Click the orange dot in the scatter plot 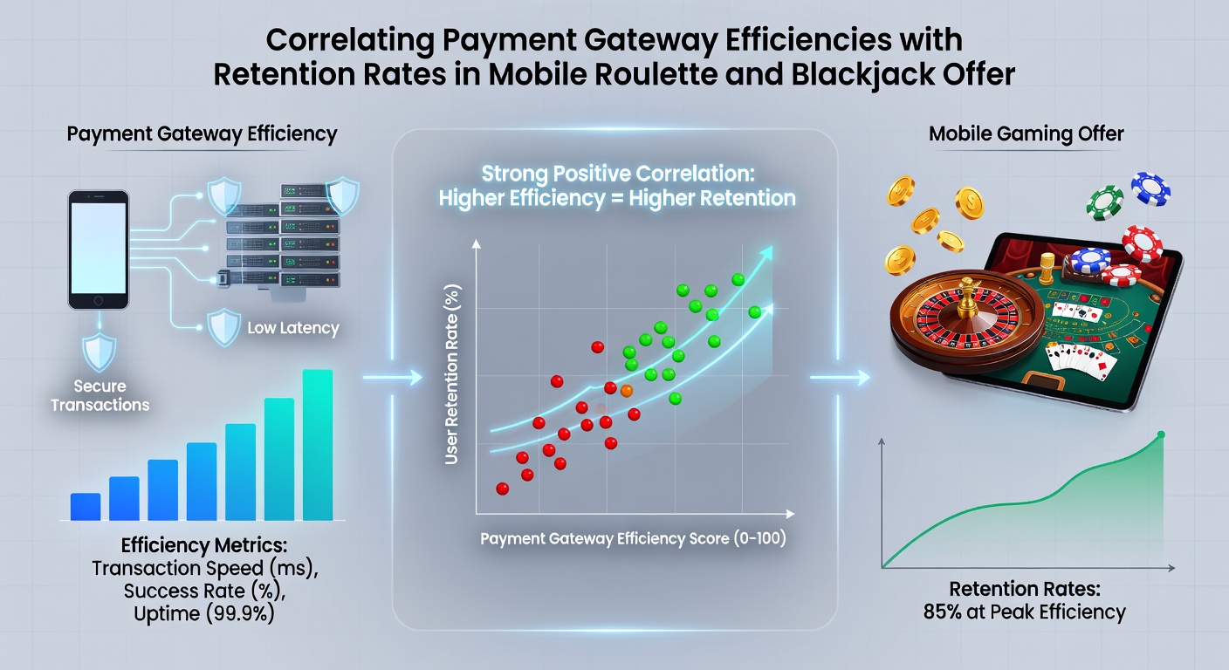coord(626,391)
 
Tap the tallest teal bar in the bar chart coord(318,445)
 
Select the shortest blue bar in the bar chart coord(86,507)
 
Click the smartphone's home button coord(99,301)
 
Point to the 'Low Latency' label coord(293,328)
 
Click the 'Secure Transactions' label coord(100,395)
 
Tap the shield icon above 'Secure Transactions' coord(99,352)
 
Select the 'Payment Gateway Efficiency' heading coord(202,134)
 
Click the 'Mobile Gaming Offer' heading coord(1026,133)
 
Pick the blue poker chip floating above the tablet coord(1150,189)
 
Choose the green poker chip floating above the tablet coord(1104,202)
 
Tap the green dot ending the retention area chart coord(1161,434)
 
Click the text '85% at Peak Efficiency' coord(1025,612)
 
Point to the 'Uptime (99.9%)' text coord(204,613)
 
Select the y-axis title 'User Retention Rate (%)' coord(451,374)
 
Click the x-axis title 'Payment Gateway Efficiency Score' coord(604,538)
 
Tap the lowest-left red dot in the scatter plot coord(502,489)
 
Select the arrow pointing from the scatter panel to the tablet coord(840,377)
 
